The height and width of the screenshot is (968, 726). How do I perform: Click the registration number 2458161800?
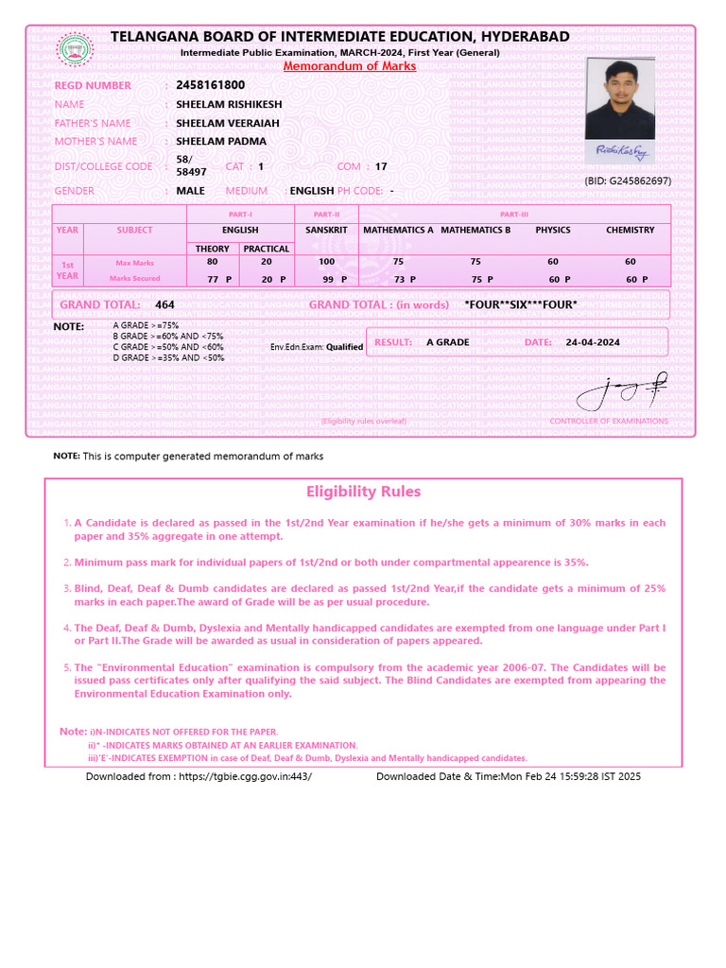(x=210, y=85)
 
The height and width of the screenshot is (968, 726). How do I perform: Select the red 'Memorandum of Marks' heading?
(x=350, y=66)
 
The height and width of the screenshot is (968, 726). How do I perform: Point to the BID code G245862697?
(x=627, y=181)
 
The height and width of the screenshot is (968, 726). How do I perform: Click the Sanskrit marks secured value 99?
(x=328, y=280)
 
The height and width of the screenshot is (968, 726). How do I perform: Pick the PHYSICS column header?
(x=553, y=230)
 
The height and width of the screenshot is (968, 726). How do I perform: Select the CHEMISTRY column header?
(x=630, y=230)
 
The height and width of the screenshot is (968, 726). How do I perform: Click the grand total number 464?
(x=164, y=304)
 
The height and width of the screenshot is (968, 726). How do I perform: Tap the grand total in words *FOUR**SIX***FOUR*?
(x=521, y=304)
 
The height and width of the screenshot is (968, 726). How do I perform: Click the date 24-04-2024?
(x=593, y=342)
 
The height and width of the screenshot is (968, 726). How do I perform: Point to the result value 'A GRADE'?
(x=448, y=342)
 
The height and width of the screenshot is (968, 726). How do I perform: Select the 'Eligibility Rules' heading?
(x=363, y=492)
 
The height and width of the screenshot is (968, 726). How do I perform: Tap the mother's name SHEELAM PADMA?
(x=221, y=141)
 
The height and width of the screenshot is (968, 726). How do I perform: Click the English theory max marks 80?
(x=212, y=262)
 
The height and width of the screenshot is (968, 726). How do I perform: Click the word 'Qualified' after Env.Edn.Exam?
(x=344, y=347)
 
